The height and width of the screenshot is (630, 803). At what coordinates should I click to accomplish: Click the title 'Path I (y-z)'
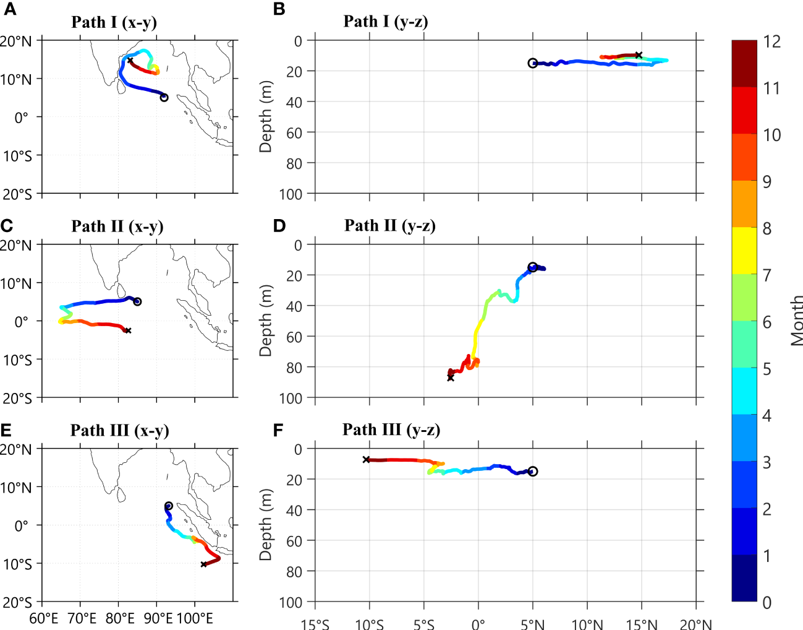[x=385, y=22]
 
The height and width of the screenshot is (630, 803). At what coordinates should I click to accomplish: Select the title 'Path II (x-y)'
[x=117, y=227]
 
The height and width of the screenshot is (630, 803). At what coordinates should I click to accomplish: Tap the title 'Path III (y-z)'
[x=391, y=430]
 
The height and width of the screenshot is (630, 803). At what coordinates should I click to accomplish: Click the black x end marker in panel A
[x=130, y=61]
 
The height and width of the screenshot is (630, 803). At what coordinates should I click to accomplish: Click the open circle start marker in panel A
[x=164, y=97]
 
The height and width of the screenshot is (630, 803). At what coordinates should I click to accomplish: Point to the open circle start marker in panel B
[x=533, y=63]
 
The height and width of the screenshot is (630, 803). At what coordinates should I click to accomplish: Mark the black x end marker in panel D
[x=451, y=378]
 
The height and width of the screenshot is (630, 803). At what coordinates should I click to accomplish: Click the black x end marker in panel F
[x=367, y=460]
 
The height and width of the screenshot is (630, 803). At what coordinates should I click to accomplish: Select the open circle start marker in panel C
[x=137, y=301]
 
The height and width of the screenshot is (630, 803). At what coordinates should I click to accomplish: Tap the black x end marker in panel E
[x=204, y=564]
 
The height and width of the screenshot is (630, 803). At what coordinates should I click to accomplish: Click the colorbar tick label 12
[x=771, y=42]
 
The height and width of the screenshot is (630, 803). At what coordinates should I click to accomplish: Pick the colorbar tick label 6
[x=767, y=322]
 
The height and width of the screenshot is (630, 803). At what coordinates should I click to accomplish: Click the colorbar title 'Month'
[x=796, y=321]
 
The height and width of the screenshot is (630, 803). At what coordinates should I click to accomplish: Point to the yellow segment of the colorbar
[x=744, y=251]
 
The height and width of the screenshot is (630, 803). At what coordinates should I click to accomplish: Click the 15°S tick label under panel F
[x=315, y=623]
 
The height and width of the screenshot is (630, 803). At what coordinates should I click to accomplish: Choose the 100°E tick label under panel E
[x=195, y=618]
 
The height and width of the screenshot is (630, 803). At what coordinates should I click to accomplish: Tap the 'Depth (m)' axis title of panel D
[x=265, y=321]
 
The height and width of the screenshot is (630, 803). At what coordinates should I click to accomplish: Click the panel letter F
[x=278, y=429]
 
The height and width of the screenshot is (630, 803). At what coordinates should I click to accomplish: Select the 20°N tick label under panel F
[x=695, y=623]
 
